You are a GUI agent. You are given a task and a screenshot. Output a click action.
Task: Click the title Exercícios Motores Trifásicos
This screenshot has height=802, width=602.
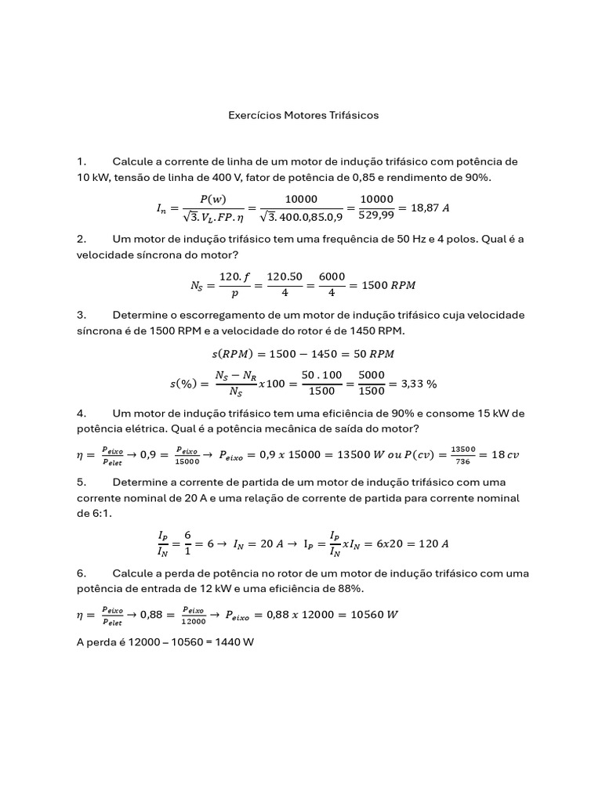tap(303, 115)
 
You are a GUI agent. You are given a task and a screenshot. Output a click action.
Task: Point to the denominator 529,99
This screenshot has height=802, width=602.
tap(375, 217)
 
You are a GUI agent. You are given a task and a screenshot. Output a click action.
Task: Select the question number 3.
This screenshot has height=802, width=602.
tap(81, 315)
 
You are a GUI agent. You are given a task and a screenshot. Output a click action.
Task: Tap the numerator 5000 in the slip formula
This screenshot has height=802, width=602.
tap(372, 376)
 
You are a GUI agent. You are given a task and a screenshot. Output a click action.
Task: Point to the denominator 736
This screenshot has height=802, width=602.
tap(463, 462)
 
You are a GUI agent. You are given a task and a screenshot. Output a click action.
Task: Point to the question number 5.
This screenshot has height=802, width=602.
tap(81, 482)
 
